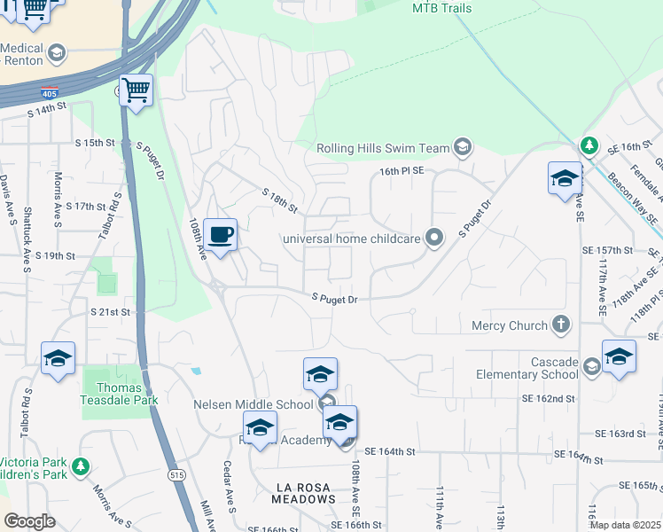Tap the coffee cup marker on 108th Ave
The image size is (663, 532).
[220, 235]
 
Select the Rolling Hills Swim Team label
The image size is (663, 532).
[383, 147]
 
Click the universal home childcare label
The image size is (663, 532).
[351, 238]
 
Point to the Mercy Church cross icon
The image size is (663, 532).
[559, 325]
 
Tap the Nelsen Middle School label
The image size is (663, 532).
[254, 404]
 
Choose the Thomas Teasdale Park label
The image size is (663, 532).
[120, 394]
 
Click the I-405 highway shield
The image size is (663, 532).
[49, 93]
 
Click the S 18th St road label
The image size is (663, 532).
[279, 199]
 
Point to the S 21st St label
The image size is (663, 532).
[110, 312]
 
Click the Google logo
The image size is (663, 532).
[29, 521]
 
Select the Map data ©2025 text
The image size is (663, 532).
[625, 525]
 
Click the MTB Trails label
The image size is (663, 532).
[441, 9]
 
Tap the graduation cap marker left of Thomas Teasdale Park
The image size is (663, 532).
[58, 359]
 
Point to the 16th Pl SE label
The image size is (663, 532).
[403, 170]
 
